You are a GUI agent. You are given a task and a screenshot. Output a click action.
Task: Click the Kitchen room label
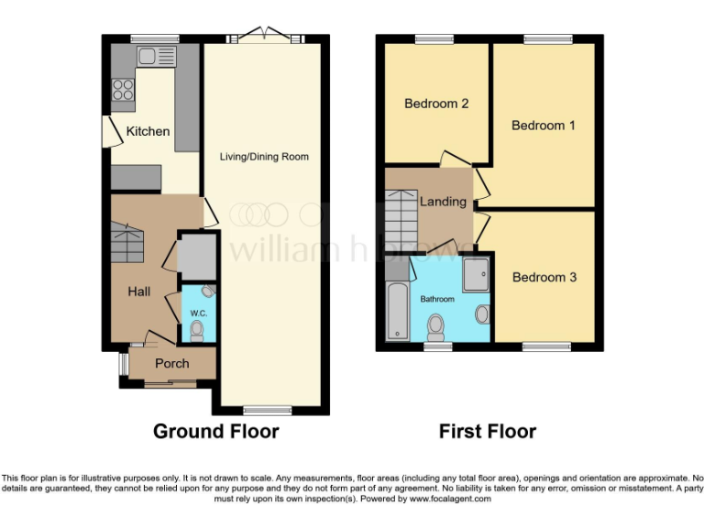click(148, 131)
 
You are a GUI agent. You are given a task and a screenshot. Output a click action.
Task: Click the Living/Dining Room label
click(264, 157)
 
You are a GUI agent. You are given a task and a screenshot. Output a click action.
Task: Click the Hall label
click(139, 291)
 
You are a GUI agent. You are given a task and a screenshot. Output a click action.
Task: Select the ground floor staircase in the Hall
click(127, 243)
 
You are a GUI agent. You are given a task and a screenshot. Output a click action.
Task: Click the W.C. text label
click(197, 313)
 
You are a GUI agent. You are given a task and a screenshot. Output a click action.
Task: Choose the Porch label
click(171, 364)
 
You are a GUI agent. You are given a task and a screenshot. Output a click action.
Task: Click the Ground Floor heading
click(215, 431)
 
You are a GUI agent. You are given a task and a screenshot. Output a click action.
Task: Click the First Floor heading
click(487, 431)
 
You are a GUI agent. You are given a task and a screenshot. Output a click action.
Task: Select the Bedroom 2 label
click(436, 104)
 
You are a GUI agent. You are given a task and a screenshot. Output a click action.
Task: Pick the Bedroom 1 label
click(543, 125)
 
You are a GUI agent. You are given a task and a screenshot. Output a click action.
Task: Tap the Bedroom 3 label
click(544, 277)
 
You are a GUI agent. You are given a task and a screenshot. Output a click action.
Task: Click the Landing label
click(443, 202)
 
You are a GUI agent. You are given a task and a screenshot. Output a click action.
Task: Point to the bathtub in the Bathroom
click(397, 313)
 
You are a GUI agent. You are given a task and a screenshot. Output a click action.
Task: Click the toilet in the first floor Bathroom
click(436, 324)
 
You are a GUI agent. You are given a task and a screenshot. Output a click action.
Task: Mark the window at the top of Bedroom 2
click(428, 38)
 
